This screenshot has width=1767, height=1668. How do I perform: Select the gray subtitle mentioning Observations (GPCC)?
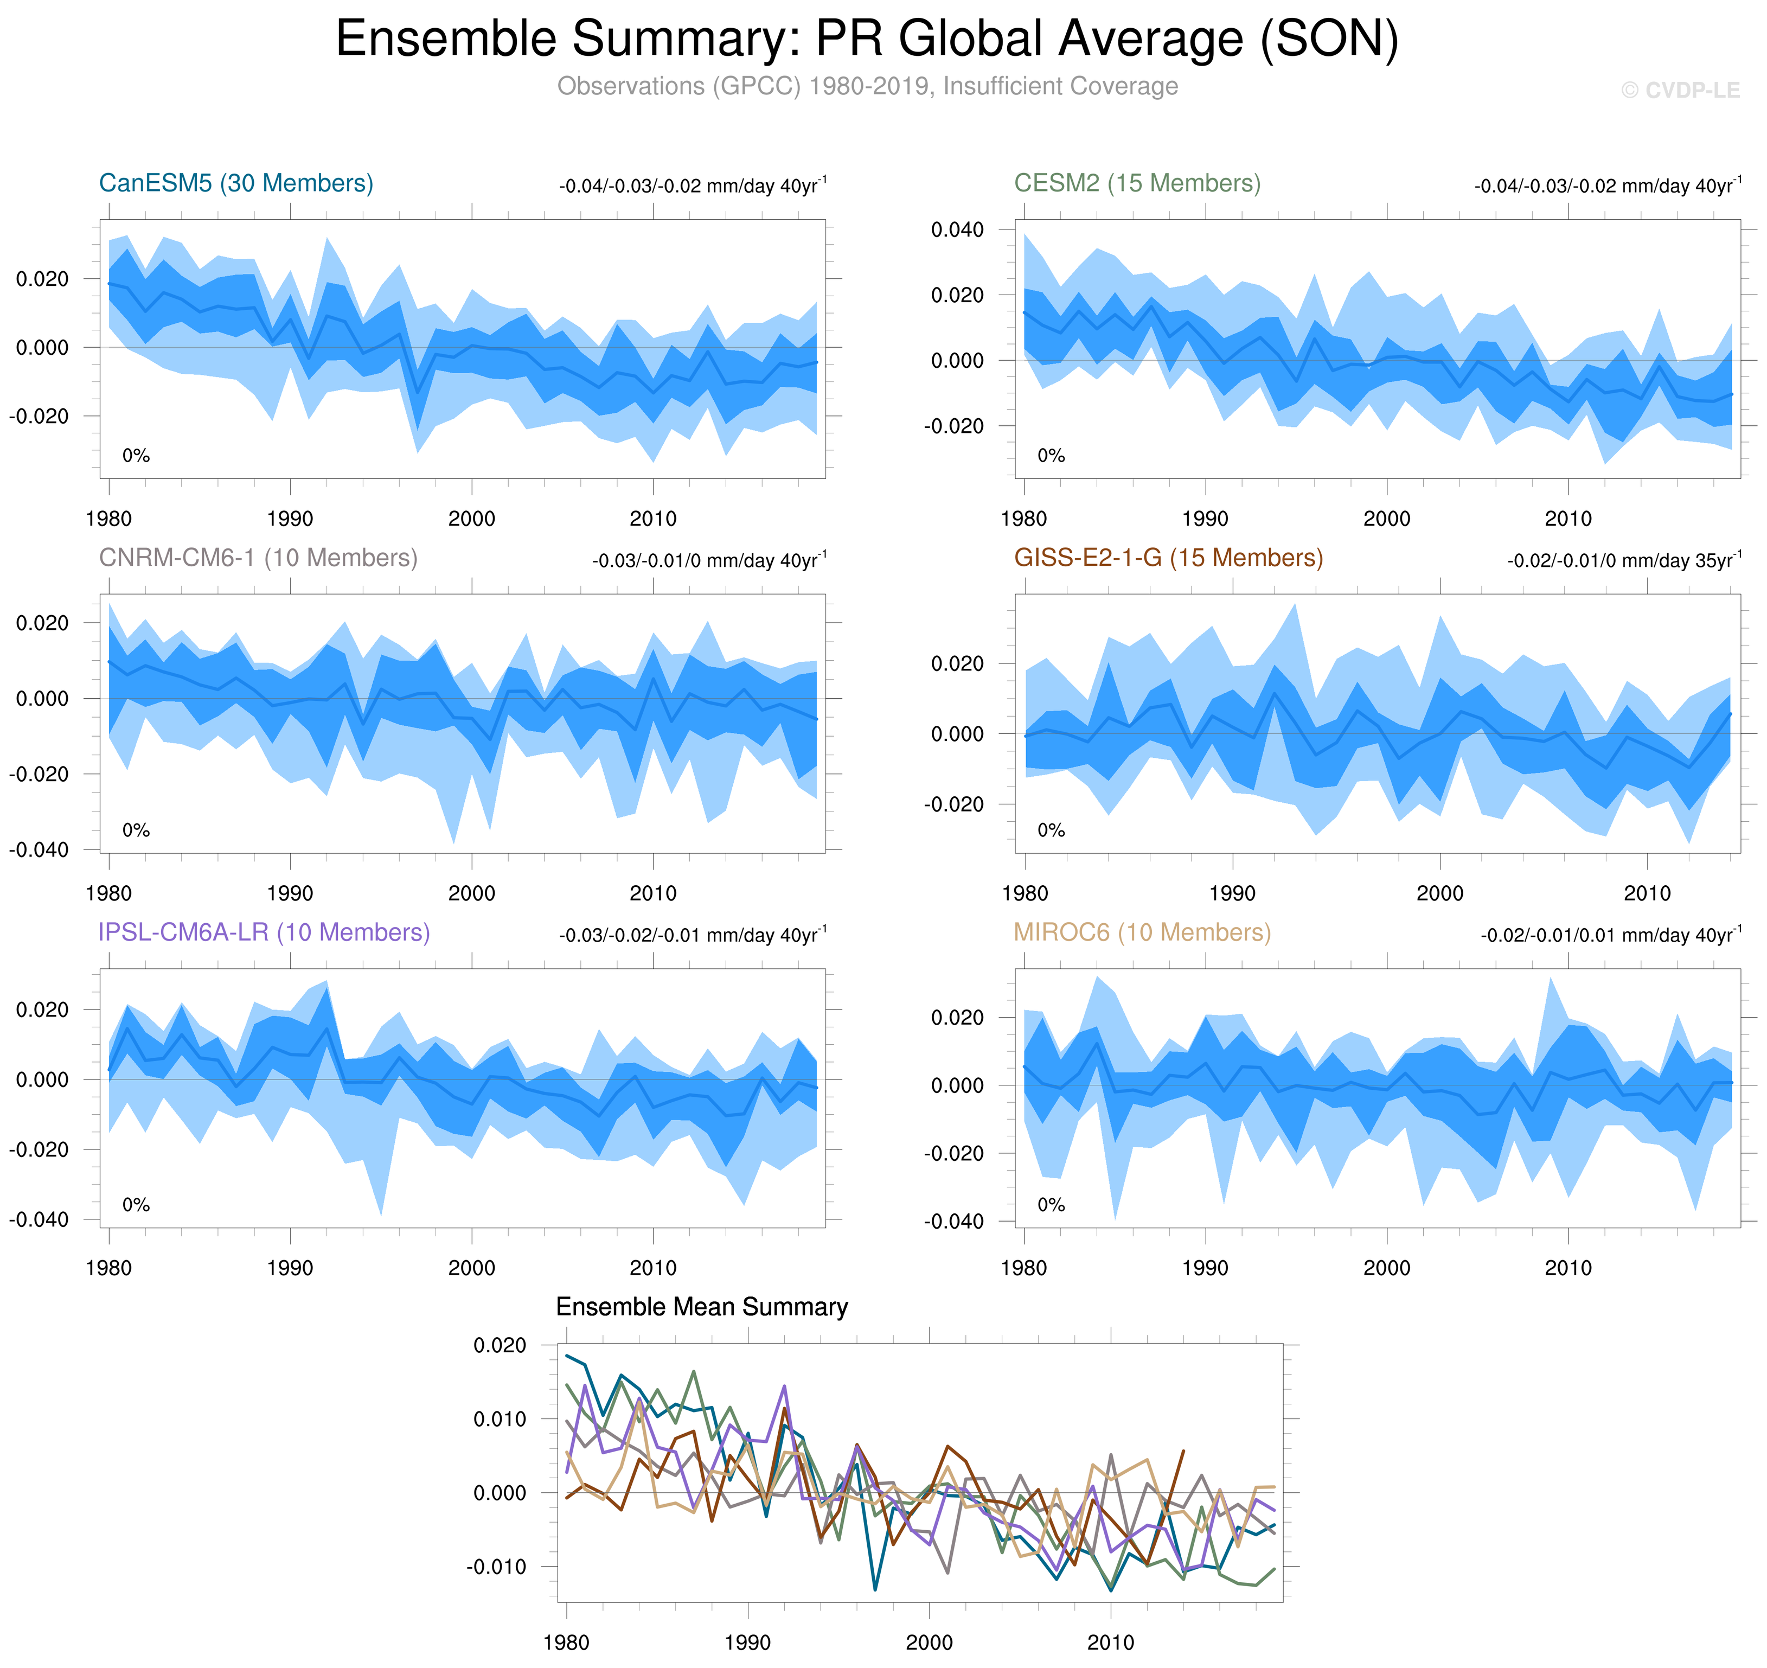[867, 86]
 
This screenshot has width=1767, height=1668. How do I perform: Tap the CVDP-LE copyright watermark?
[1680, 91]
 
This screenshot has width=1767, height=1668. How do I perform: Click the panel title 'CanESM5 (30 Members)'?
[235, 183]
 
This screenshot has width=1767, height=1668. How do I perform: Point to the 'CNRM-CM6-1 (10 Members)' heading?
[258, 558]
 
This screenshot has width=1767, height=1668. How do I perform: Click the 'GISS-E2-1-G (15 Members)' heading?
[1168, 558]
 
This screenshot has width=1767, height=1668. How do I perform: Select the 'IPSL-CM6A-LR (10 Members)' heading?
[264, 932]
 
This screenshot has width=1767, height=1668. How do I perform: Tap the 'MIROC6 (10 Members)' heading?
[1142, 932]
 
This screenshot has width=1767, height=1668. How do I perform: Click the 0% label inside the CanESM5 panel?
[136, 456]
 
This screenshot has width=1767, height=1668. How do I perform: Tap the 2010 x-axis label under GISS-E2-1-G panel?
[1647, 893]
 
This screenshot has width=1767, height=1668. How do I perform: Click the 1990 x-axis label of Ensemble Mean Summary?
[747, 1641]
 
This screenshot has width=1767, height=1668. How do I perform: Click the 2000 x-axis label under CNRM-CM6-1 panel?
[471, 893]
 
